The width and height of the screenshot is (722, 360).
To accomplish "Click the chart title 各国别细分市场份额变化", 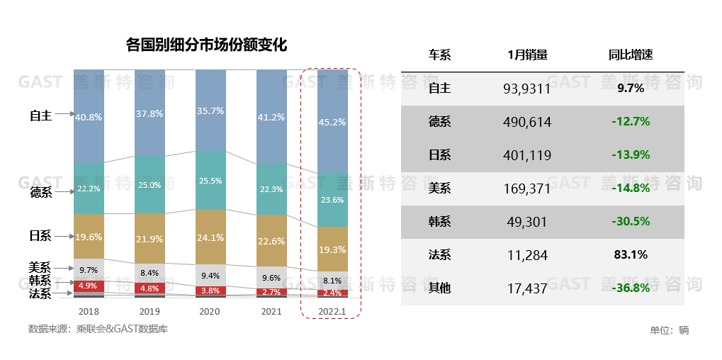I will (x=205, y=46).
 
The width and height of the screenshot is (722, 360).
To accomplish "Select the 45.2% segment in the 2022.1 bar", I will (x=332, y=122).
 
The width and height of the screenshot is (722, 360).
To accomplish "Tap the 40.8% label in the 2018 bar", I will (x=89, y=116).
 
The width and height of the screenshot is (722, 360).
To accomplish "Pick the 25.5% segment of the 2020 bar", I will (x=210, y=181).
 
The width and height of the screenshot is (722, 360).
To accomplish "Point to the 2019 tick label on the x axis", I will (x=150, y=311).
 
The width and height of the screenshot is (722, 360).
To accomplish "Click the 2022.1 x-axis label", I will (x=332, y=311).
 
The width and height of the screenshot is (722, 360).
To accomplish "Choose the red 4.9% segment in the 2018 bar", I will (x=89, y=286).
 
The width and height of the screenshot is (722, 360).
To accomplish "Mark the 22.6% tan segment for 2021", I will (x=271, y=241).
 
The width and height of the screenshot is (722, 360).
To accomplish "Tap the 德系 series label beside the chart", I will (x=40, y=192).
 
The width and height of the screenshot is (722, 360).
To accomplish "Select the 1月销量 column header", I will (x=527, y=55).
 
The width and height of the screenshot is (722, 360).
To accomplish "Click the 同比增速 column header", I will (x=630, y=55).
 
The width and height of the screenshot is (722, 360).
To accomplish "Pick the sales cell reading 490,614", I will (x=527, y=122).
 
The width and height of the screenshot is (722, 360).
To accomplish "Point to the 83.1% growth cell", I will (x=630, y=254).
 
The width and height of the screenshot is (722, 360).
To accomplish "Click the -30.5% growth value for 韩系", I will (x=630, y=221).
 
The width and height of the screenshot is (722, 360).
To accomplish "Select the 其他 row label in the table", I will (x=439, y=288).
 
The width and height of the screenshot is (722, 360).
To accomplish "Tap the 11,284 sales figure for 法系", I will (x=527, y=254).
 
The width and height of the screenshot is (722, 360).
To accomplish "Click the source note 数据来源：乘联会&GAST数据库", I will (x=98, y=329).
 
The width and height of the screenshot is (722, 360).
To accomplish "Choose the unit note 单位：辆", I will (x=669, y=330).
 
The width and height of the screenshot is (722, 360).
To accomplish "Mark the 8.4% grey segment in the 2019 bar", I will (x=150, y=272).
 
